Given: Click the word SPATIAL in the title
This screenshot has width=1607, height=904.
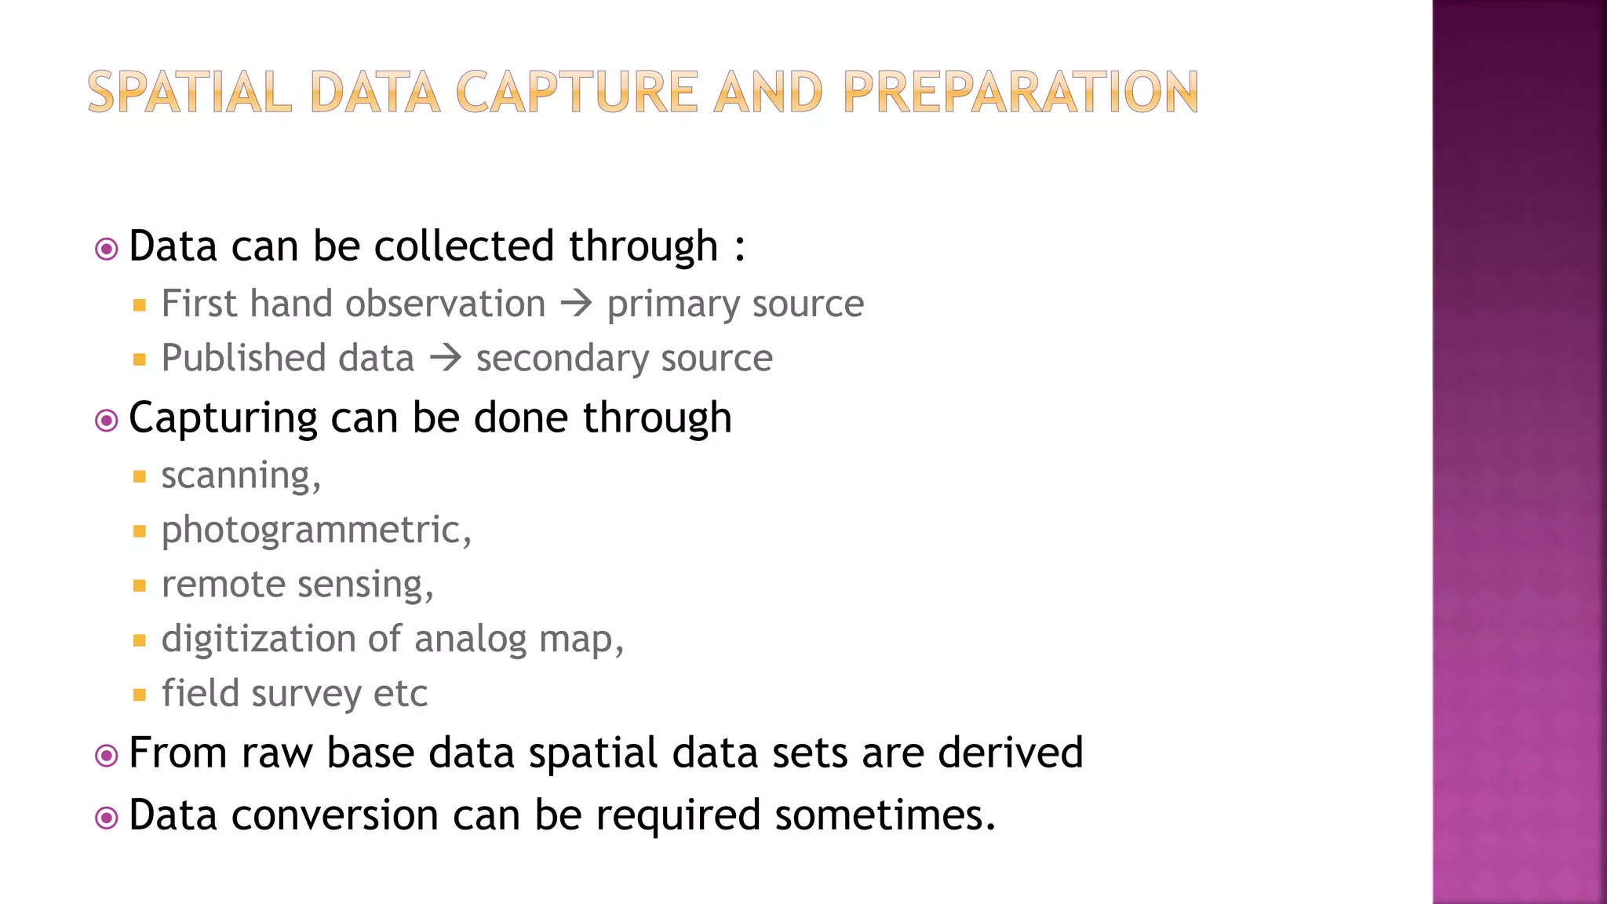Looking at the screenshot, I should (189, 92).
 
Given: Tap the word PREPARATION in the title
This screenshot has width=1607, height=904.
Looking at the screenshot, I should (1021, 92).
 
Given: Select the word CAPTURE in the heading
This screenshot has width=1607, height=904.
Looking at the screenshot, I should (577, 92).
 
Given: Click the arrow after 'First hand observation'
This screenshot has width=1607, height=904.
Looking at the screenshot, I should (577, 303).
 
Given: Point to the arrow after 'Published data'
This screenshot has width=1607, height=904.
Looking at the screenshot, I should (446, 358).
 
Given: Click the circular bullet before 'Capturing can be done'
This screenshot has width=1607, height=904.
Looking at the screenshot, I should (106, 421).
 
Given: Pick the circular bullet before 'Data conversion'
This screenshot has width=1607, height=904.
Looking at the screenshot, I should (106, 818).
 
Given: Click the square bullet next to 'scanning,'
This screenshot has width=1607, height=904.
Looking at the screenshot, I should (140, 476).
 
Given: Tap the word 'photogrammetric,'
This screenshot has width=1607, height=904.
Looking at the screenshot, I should (316, 530).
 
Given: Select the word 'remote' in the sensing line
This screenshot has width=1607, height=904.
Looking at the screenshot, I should (223, 585).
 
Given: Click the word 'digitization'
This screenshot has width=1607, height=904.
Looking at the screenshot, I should (258, 639).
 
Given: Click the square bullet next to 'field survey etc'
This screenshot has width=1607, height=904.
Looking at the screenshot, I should (140, 694).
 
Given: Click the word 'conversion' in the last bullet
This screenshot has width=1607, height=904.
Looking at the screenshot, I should (335, 815).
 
